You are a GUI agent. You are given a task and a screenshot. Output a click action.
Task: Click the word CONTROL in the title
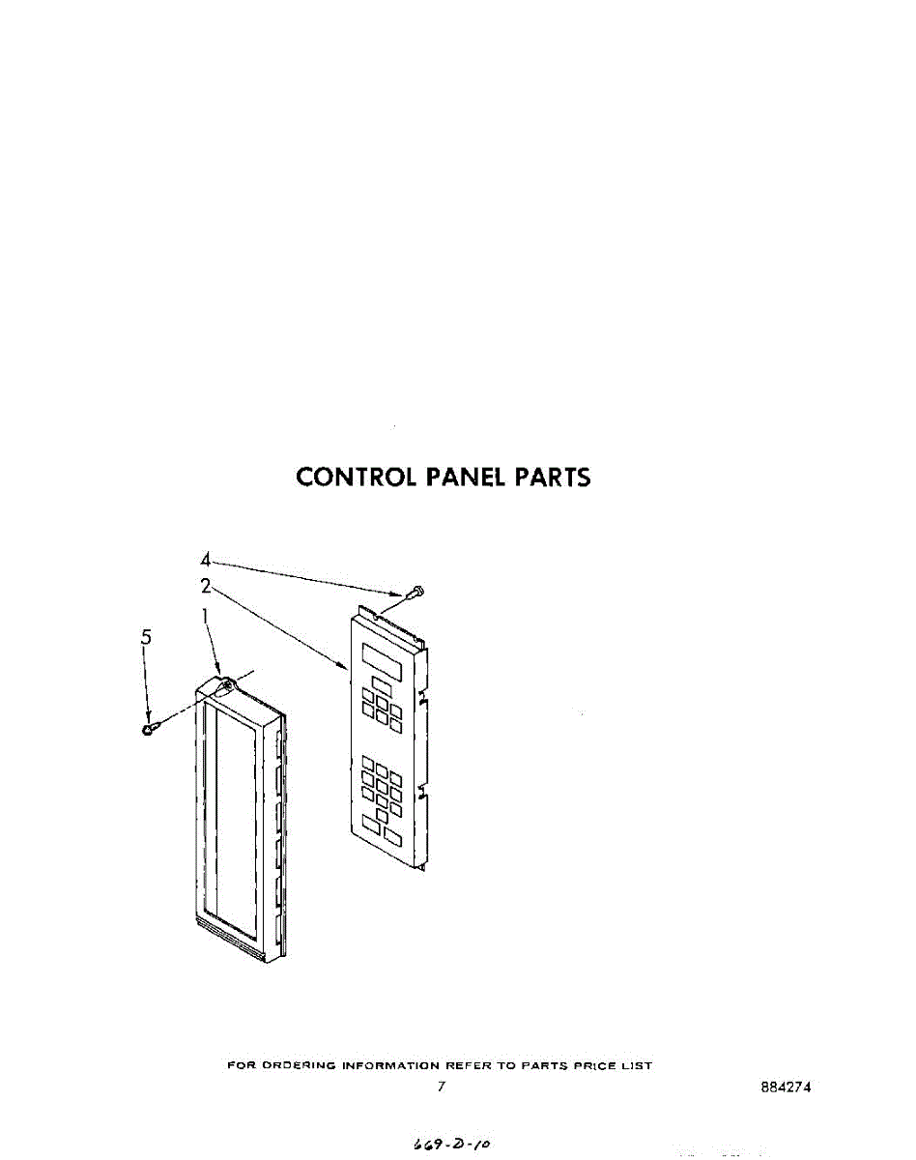(356, 477)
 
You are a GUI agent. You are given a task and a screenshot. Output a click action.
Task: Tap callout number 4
(206, 560)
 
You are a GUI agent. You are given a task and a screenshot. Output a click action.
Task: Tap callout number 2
(206, 585)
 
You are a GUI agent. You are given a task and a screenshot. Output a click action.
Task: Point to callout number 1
(205, 615)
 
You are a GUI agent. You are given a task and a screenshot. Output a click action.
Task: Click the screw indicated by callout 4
(415, 591)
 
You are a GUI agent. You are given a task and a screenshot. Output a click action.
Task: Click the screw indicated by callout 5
(150, 727)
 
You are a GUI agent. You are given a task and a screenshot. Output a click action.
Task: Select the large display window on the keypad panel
(385, 656)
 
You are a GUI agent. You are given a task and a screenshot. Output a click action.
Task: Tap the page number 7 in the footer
(441, 1087)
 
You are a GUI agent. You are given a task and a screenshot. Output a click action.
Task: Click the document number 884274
(786, 1087)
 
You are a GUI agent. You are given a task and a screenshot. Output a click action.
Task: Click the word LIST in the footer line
(639, 1065)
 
